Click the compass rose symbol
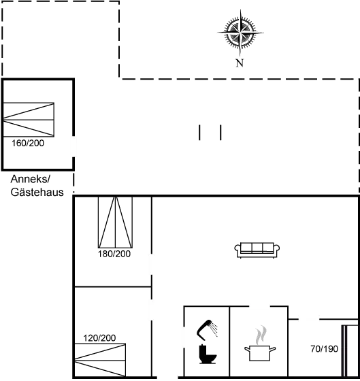(x=240, y=33)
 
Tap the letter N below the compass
(x=240, y=63)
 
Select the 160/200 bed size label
(x=28, y=143)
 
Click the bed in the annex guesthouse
(x=29, y=120)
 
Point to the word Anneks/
(x=31, y=179)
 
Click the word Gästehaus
(x=37, y=192)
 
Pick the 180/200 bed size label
(x=114, y=254)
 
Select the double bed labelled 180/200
(x=115, y=222)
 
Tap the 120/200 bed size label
(x=99, y=338)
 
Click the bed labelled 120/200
(x=100, y=360)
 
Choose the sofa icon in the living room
(x=257, y=250)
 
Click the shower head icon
(x=207, y=330)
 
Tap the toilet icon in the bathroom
(x=208, y=354)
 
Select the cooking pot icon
(x=260, y=353)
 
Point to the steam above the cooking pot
(x=261, y=335)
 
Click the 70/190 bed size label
(x=324, y=349)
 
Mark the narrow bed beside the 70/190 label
(x=350, y=350)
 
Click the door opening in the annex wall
(x=73, y=146)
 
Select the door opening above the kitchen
(x=259, y=307)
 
